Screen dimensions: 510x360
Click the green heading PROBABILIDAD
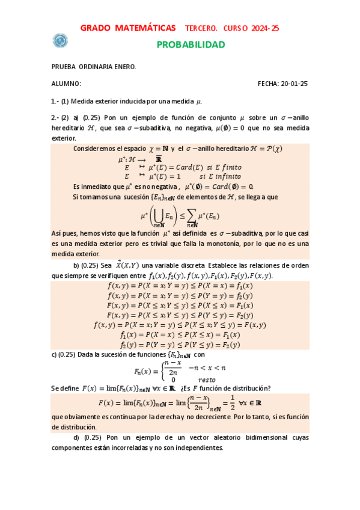[x=191, y=45]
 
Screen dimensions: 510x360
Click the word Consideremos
[x=96, y=148]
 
